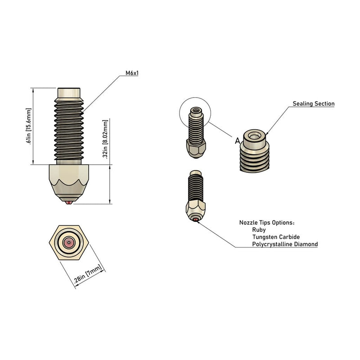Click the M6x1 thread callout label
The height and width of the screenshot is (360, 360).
tap(132, 73)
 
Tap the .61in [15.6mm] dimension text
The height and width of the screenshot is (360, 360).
tap(28, 126)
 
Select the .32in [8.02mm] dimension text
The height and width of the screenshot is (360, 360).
tap(105, 139)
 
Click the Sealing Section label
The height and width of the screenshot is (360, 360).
tap(314, 103)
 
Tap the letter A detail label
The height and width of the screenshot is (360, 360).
tap(238, 141)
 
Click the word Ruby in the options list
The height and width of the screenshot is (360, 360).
tap(259, 229)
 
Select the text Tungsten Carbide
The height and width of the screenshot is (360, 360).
tap(276, 237)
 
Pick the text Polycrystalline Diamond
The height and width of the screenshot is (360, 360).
tap(285, 244)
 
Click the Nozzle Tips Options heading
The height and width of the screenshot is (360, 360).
tap(267, 222)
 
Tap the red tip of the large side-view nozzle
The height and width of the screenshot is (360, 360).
tap(69, 202)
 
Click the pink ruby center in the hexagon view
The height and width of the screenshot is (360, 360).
tap(69, 243)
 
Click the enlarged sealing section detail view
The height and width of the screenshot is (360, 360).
tap(254, 151)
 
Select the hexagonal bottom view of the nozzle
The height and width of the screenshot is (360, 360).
tap(69, 243)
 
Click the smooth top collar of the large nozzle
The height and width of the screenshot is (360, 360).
tap(69, 93)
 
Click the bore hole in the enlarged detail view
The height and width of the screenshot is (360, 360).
tap(254, 137)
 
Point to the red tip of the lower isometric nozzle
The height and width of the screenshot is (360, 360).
tap(196, 220)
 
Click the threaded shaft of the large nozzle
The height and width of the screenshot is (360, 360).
tap(69, 130)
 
